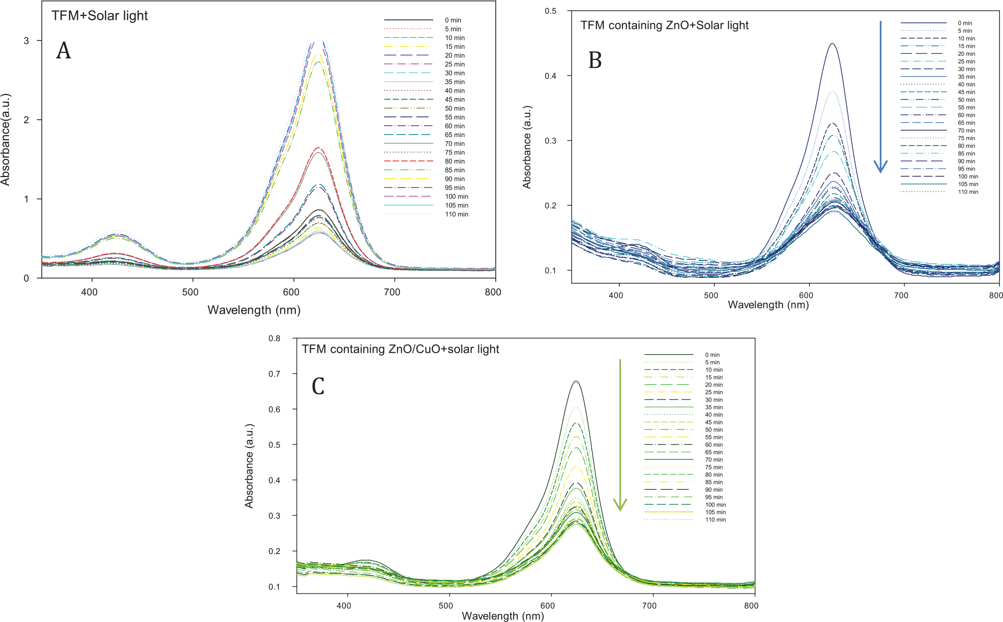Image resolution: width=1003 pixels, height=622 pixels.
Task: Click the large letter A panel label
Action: point(63,51)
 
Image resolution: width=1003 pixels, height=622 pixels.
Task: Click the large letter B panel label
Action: point(595,60)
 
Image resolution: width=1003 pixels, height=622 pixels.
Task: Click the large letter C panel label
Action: point(318,386)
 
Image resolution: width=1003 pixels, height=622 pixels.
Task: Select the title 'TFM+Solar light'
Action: point(100,15)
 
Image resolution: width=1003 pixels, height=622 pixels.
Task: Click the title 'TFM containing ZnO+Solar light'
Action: point(664,25)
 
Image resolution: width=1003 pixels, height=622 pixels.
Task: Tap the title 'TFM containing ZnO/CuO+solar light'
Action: point(401,349)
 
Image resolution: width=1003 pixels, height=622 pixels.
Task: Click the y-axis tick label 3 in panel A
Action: point(26,40)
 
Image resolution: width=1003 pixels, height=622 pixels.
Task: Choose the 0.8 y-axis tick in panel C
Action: point(274,338)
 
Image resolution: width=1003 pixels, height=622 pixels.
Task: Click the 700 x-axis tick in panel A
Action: point(392,292)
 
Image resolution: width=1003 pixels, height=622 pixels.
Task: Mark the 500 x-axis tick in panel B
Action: point(711,295)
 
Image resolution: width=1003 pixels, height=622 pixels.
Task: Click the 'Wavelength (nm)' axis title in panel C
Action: point(503,616)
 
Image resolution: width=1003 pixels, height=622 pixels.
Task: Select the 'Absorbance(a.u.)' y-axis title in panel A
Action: point(5,140)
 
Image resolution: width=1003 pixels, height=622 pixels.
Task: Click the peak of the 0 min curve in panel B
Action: point(832,44)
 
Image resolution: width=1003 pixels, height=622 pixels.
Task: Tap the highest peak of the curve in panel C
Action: point(576,382)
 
